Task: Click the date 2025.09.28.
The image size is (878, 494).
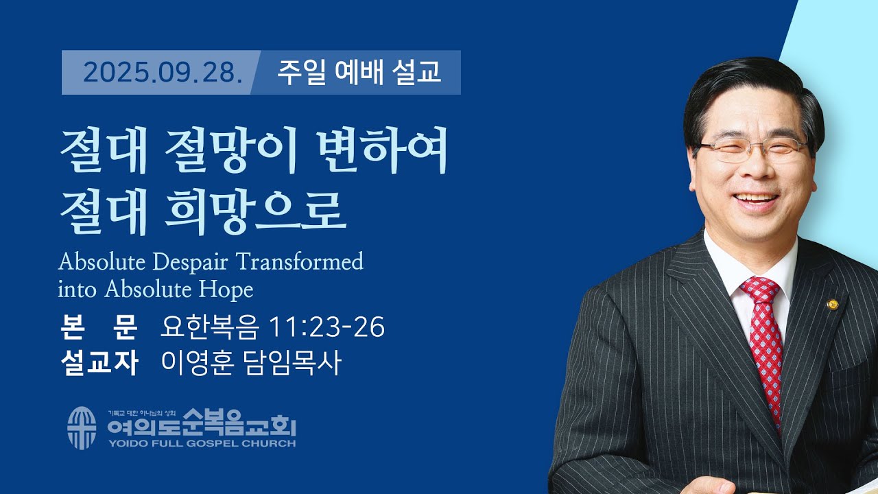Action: click(x=163, y=72)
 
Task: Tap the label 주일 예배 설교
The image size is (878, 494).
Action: click(x=359, y=72)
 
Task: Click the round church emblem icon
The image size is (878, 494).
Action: click(x=82, y=428)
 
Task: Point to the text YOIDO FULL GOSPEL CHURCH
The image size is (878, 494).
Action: click(x=201, y=444)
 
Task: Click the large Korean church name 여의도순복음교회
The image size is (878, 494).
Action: click(x=201, y=427)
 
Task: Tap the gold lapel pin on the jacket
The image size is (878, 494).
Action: click(x=833, y=304)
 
